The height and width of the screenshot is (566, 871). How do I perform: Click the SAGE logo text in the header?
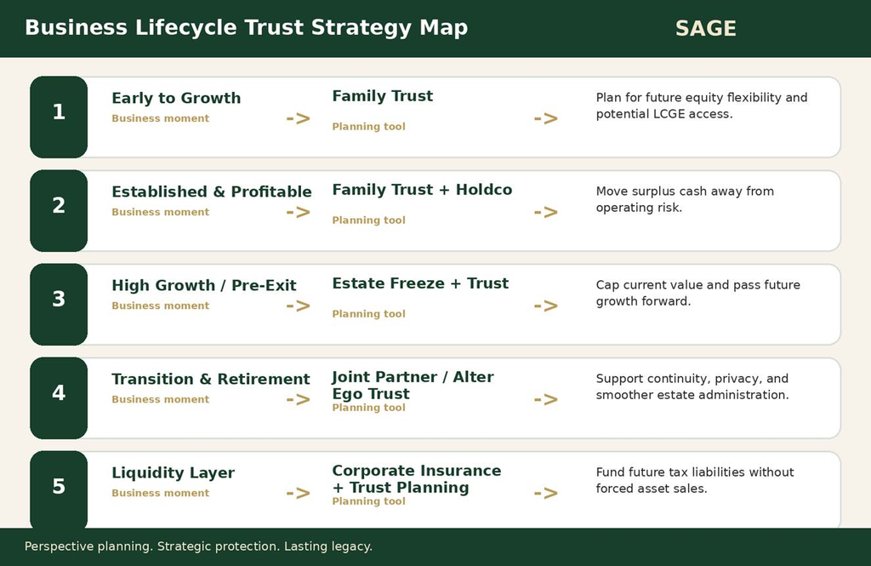705,28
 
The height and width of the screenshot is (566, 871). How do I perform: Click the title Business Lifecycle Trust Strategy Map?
246,28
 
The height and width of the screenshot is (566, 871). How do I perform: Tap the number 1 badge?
59,117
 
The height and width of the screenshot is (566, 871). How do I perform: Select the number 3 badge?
59,304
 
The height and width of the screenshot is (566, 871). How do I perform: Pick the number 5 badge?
59,489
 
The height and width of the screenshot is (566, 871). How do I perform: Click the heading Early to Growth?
176,98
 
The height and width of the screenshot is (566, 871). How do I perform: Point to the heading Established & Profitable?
212,192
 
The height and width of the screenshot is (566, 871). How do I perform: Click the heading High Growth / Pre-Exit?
204,285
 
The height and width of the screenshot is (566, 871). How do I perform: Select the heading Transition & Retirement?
211,379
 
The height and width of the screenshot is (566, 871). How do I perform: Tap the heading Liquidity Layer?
173,472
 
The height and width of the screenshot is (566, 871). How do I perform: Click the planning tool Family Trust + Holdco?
422,190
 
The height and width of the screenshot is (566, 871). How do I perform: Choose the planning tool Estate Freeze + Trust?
420,283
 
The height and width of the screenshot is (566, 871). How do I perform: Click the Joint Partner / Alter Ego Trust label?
413,385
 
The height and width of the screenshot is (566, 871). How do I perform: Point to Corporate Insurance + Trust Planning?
417,478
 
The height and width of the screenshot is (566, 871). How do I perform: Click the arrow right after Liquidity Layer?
299,493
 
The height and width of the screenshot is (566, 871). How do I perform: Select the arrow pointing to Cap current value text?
545,306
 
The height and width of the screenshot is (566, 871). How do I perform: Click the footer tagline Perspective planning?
88,546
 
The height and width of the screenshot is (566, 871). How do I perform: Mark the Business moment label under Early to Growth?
161,118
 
